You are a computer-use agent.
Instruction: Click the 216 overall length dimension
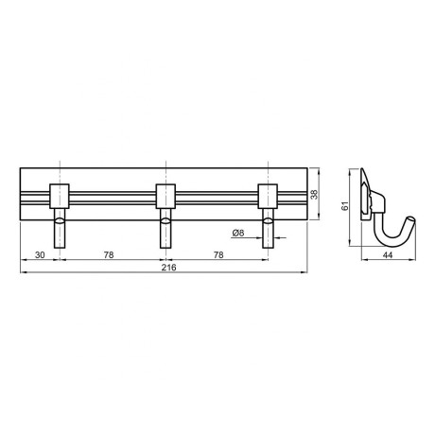pos(169,268)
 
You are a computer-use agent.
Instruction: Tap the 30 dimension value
pos(40,255)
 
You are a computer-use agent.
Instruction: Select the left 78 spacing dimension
pos(109,255)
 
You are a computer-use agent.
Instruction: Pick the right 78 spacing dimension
pos(218,255)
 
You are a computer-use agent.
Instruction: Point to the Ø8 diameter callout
pos(238,233)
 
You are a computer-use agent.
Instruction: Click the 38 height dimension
pos(314,194)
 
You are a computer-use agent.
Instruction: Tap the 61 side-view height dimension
pos(345,206)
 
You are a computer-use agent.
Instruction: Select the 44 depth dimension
pos(388,255)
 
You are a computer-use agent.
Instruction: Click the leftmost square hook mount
pos(60,196)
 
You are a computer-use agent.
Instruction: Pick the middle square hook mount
pos(165,196)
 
